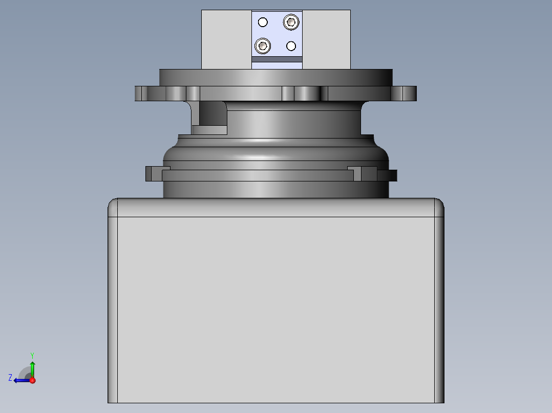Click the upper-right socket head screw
(291, 22)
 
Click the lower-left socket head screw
(263, 45)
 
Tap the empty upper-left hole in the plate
(263, 22)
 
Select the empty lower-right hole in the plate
(291, 46)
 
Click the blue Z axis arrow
(22, 380)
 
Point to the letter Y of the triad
(32, 355)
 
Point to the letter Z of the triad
(10, 378)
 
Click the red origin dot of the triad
(32, 380)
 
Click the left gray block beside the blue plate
(226, 39)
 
